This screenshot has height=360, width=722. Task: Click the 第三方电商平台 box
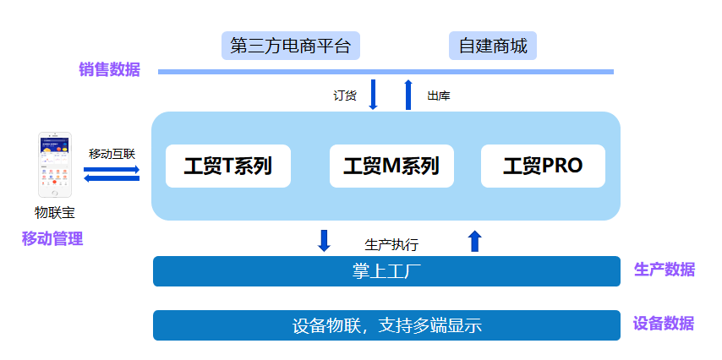pyautogui.click(x=290, y=46)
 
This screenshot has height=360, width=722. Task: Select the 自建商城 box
pyautogui.click(x=493, y=46)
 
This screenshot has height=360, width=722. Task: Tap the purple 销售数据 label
pyautogui.click(x=110, y=69)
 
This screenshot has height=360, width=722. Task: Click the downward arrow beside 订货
pyautogui.click(x=373, y=95)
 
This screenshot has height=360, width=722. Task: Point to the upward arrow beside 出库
pyautogui.click(x=408, y=95)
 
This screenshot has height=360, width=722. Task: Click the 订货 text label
pyautogui.click(x=345, y=95)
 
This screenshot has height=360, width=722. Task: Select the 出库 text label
pyautogui.click(x=439, y=95)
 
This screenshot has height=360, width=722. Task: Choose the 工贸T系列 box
pyautogui.click(x=228, y=166)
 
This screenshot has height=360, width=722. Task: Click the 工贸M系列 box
pyautogui.click(x=391, y=166)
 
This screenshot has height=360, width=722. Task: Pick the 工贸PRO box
pyautogui.click(x=543, y=166)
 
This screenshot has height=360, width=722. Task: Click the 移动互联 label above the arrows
pyautogui.click(x=112, y=154)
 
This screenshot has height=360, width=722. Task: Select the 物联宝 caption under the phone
pyautogui.click(x=55, y=213)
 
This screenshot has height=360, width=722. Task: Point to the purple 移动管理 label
pyautogui.click(x=52, y=238)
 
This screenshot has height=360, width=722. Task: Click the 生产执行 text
pyautogui.click(x=391, y=245)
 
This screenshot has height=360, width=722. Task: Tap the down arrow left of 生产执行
pyautogui.click(x=324, y=241)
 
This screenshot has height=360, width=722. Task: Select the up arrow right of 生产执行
pyautogui.click(x=474, y=241)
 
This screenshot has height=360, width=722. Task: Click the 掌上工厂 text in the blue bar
pyautogui.click(x=386, y=271)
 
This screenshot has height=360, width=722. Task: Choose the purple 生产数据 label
pyautogui.click(x=665, y=270)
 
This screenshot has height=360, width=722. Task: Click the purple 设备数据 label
pyautogui.click(x=664, y=324)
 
